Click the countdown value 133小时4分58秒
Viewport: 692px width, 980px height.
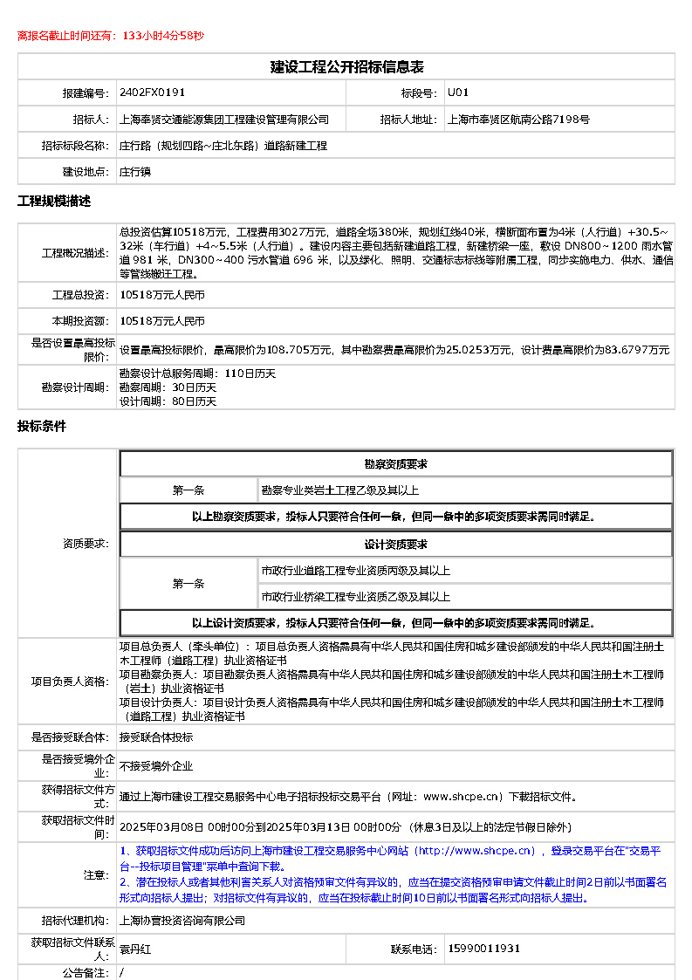(x=163, y=36)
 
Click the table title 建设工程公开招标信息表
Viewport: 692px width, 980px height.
(x=346, y=67)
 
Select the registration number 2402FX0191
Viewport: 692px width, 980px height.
(x=152, y=93)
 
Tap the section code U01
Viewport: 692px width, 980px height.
(x=458, y=93)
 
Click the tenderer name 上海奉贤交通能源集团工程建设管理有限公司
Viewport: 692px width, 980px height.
(x=224, y=120)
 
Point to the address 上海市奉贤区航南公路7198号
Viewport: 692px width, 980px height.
(x=518, y=120)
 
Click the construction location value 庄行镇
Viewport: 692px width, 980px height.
(x=135, y=172)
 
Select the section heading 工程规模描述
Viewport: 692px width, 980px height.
(x=54, y=202)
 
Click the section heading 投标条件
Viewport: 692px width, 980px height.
(x=42, y=427)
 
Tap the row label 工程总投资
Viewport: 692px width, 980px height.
(x=79, y=296)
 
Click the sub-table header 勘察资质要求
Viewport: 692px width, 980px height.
(x=395, y=464)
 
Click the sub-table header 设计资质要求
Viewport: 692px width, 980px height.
(x=395, y=545)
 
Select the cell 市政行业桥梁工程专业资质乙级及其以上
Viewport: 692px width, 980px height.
(x=355, y=597)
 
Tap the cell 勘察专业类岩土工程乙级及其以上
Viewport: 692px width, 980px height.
(x=339, y=490)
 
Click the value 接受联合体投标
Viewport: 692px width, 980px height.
(x=156, y=737)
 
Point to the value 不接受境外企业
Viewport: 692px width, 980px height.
(x=156, y=766)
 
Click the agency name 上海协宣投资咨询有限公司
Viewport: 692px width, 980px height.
(x=182, y=921)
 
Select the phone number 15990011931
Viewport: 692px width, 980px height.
(x=483, y=949)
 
